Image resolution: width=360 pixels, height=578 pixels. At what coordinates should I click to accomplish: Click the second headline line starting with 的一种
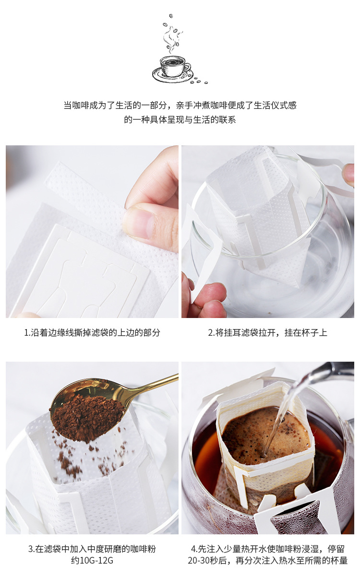point(180,119)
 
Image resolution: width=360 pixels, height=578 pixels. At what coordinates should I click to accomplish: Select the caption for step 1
point(92,332)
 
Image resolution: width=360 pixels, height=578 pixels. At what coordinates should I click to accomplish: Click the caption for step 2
point(267,332)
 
